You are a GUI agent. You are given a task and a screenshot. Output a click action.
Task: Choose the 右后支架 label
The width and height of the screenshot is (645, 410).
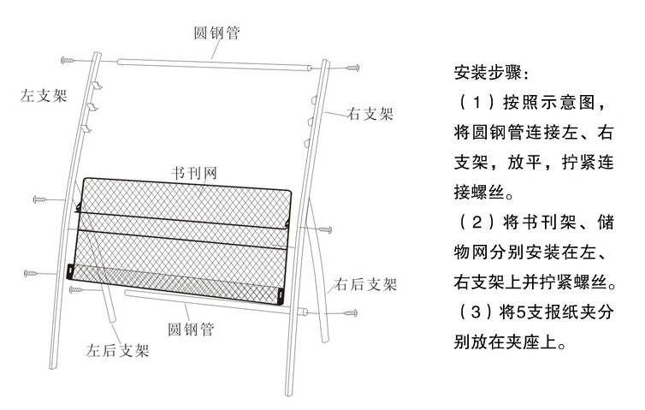click(366, 284)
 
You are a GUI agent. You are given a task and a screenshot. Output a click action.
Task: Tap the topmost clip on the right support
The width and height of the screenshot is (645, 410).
click(313, 101)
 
